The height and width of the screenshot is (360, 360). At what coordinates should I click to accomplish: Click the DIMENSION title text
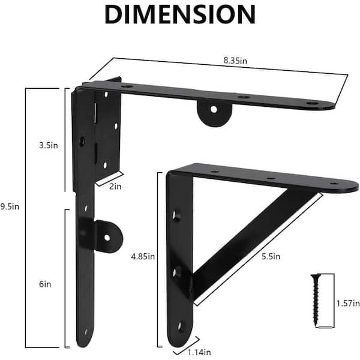coord(180,14)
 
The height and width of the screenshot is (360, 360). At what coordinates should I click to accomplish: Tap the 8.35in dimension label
coord(235,61)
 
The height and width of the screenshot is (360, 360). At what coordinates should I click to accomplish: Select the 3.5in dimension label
coord(49,145)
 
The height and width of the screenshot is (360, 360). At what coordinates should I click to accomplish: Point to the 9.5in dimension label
coord(10,206)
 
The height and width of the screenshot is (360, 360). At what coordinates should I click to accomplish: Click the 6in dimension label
coord(45,284)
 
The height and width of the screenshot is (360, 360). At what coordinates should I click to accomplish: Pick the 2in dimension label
coord(115,186)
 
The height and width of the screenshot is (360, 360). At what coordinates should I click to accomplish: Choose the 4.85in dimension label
coord(143,256)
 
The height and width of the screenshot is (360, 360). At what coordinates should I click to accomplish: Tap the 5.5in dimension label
coord(271,256)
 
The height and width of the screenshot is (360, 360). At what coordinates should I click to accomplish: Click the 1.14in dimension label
coord(199,352)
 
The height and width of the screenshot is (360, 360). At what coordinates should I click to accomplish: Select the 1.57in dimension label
coord(348,303)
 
